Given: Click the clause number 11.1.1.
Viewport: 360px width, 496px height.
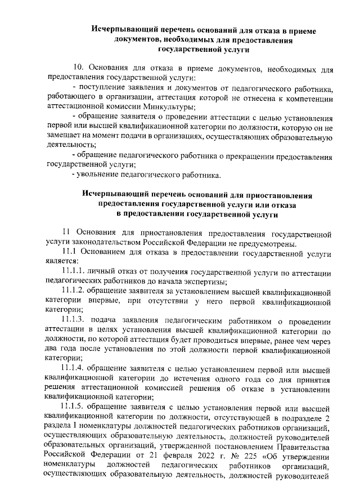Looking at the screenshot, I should click(79, 271).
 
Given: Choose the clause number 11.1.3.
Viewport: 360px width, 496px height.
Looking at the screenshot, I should click(79, 319).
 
